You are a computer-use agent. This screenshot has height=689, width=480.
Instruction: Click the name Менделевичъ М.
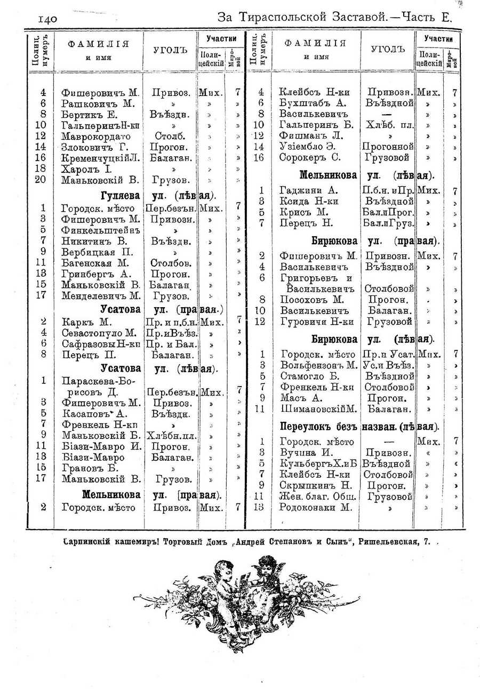point(101,295)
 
